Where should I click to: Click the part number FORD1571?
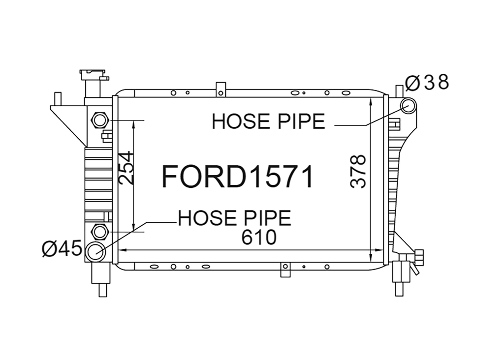237,177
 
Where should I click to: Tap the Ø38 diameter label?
427,82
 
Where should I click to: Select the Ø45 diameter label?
62,249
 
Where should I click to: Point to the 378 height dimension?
358,171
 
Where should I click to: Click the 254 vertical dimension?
126,168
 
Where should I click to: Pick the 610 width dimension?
259,238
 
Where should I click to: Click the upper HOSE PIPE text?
268,121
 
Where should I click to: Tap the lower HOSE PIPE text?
235,218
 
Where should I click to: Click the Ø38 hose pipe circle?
409,106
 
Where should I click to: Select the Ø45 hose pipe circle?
96,251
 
